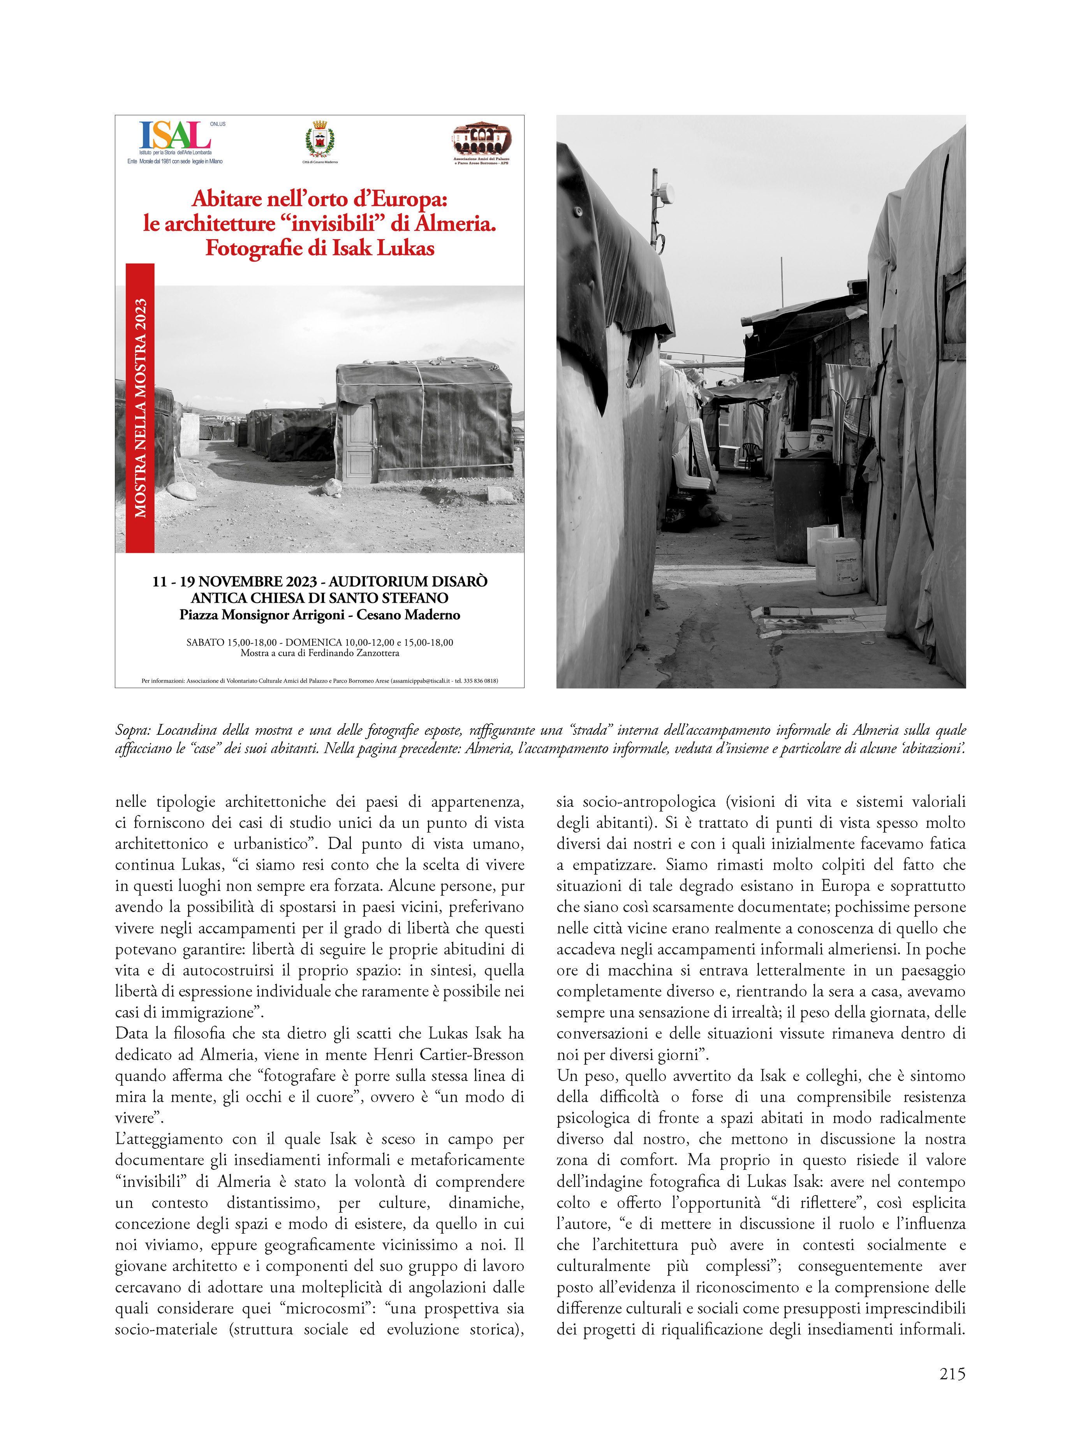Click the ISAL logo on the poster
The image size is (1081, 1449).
[175, 136]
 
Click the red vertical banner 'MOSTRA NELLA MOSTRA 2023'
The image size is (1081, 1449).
[140, 408]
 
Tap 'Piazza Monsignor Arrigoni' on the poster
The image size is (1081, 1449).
[262, 615]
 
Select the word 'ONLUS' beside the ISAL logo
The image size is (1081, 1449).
[218, 124]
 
